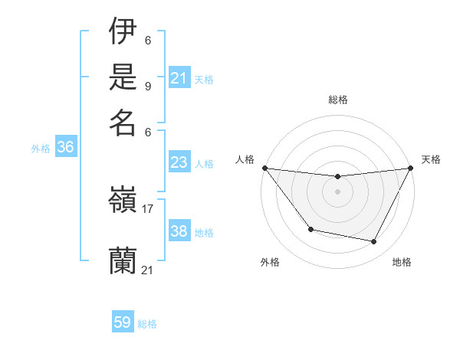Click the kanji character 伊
coord(123,32)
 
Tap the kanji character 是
coord(123,77)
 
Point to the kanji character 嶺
coord(123,203)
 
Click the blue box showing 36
coord(65,148)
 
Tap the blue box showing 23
coord(179,162)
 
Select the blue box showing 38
coord(179,231)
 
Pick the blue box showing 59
coord(123,322)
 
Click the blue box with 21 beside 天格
coord(179,78)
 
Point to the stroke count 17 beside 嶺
coord(148,208)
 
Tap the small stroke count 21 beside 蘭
coord(148,270)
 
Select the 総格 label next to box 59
coord(147,324)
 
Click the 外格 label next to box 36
coord(41,149)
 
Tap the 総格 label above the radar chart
coord(337,100)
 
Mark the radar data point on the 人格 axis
coord(264,168)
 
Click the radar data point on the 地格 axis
coord(374,242)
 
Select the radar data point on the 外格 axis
coord(310,229)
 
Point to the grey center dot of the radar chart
coord(337,191)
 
